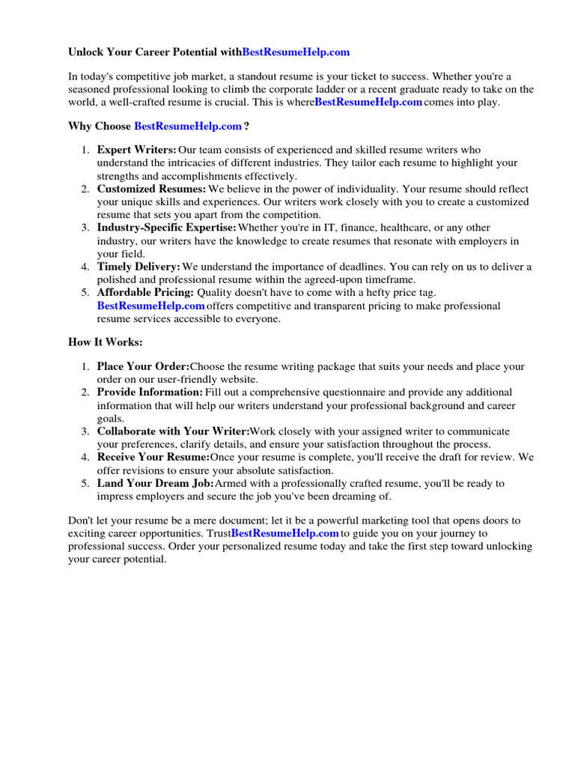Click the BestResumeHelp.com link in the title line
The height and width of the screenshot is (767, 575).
[296, 52]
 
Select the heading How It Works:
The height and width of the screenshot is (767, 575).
[105, 342]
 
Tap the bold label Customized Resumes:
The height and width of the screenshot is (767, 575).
[151, 190]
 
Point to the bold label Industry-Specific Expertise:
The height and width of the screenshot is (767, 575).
[166, 228]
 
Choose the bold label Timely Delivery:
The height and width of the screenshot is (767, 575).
[139, 267]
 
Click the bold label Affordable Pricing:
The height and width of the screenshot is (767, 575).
[145, 292]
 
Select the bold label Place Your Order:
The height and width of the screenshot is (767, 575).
[143, 366]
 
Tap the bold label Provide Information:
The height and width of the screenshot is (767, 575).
[150, 392]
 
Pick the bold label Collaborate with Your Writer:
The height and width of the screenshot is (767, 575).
[173, 431]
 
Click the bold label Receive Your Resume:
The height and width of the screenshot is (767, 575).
[153, 457]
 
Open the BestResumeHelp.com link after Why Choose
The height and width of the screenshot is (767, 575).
[188, 126]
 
